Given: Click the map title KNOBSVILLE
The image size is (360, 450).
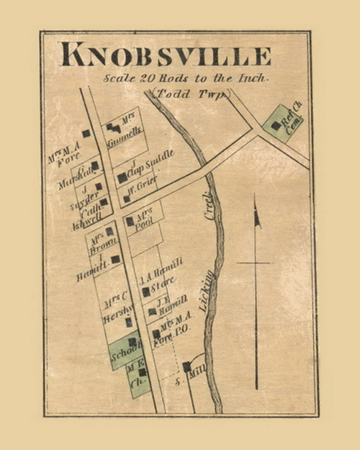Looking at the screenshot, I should [166, 55].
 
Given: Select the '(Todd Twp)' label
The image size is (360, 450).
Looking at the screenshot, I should [192, 94].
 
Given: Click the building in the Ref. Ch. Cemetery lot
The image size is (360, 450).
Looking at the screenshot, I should [276, 125].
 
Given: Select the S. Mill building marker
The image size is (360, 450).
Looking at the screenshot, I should [186, 366].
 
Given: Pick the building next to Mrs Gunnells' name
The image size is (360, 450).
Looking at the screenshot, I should [113, 128].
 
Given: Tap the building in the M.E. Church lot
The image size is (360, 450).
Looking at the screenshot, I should [142, 372].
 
